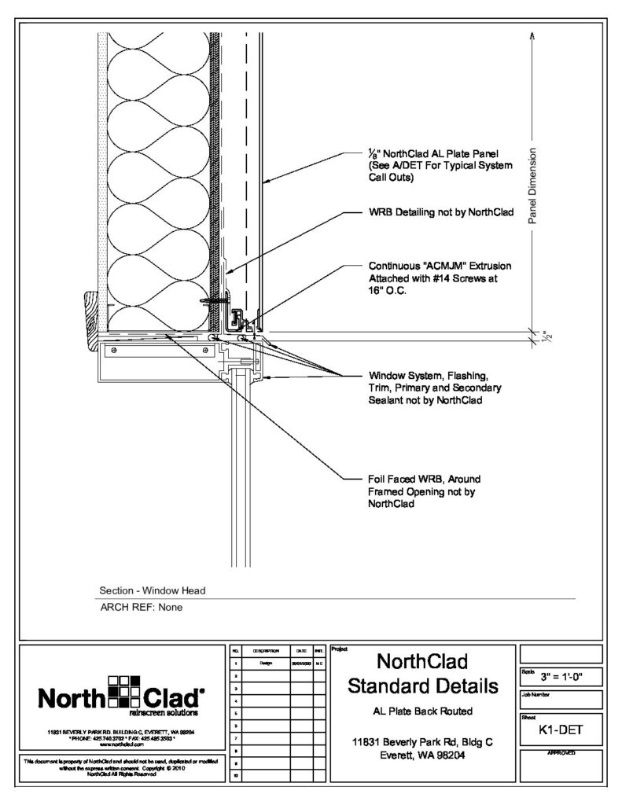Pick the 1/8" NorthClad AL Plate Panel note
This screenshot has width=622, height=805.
click(x=440, y=165)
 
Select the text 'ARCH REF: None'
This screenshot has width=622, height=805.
click(x=141, y=606)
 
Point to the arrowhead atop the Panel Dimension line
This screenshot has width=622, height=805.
click(x=532, y=35)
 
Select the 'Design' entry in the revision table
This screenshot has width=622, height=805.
click(x=265, y=663)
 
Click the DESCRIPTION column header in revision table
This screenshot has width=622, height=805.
click(x=265, y=652)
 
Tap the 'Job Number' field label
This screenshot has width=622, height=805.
click(x=537, y=695)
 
